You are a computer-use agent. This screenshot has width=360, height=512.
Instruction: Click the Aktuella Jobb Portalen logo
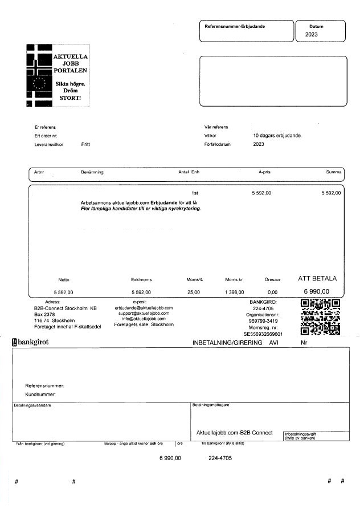[x=59, y=75]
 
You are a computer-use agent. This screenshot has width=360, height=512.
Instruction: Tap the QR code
[x=320, y=317]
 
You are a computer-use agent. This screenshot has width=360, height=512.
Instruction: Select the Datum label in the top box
[x=316, y=26]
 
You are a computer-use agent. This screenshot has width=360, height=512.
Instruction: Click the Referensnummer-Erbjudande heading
[x=235, y=26]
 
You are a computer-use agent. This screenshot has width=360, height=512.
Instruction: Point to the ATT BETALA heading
[x=318, y=279]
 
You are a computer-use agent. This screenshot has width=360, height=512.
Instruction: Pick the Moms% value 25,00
[x=193, y=292]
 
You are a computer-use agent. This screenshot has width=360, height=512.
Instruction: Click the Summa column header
[x=334, y=172]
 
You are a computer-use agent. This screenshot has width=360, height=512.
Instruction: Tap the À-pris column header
[x=264, y=172]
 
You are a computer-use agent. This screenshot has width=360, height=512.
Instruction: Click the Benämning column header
[x=92, y=172]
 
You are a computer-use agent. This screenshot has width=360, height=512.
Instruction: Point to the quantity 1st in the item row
[x=194, y=193]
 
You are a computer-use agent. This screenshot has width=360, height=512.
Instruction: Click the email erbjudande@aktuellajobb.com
[x=144, y=307]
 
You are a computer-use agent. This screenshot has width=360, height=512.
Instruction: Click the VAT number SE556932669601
[x=263, y=334]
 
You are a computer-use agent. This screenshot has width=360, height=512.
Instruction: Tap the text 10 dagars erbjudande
[x=277, y=136]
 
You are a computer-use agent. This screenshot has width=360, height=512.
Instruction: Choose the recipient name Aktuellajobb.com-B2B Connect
[x=234, y=433]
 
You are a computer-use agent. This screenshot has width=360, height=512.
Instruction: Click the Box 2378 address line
[x=44, y=314]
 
